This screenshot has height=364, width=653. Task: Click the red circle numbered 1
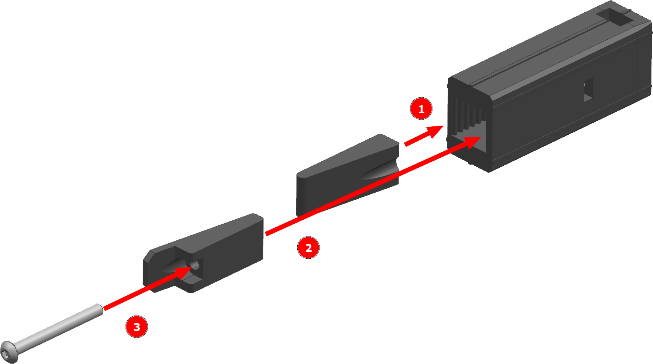pyautogui.click(x=421, y=109)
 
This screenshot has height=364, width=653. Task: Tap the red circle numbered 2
pyautogui.click(x=308, y=248)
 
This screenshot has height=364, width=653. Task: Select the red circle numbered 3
pyautogui.click(x=137, y=327)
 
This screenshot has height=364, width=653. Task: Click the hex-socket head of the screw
pyautogui.click(x=9, y=352)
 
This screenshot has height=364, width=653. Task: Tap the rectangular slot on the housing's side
pyautogui.click(x=589, y=90)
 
